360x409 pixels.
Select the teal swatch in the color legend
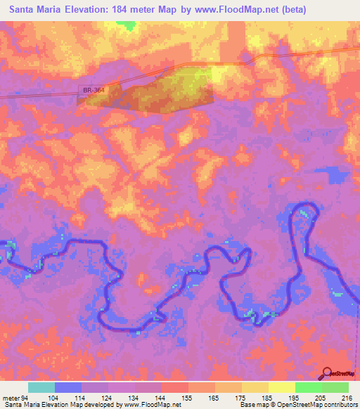coord(41,388)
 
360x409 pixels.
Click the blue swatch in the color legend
coord(68,388)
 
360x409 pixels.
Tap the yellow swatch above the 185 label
coord(255,388)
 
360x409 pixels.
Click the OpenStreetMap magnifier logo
coord(327,373)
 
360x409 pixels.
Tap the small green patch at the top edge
coord(127,25)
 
